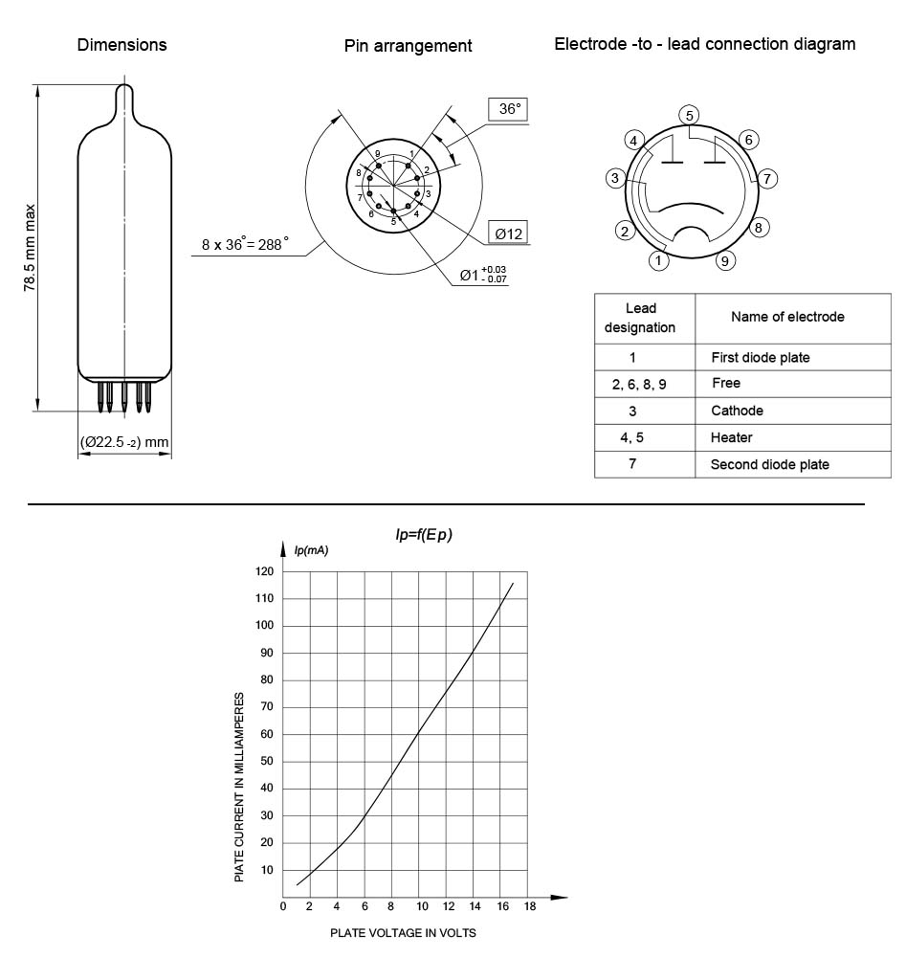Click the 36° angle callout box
(x=507, y=110)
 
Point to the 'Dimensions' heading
(x=122, y=45)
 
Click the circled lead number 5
(x=689, y=116)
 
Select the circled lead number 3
(x=617, y=178)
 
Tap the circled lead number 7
(x=767, y=178)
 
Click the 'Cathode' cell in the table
(x=737, y=411)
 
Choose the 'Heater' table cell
(x=732, y=437)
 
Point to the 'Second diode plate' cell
(x=769, y=464)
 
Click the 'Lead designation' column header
(x=639, y=318)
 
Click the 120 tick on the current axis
(x=264, y=571)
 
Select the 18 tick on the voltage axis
(x=529, y=906)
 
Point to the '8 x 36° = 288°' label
(x=245, y=244)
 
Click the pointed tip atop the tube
(x=124, y=92)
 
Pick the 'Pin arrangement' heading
(x=409, y=46)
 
